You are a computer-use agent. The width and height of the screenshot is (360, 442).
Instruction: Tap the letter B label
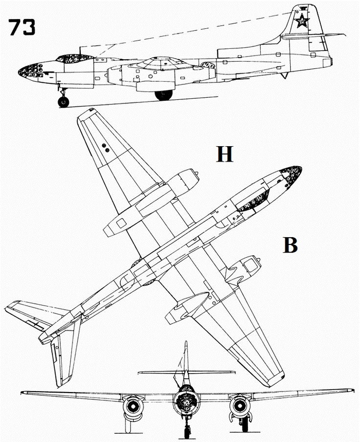pyautogui.click(x=291, y=246)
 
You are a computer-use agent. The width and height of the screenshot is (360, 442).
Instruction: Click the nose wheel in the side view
pyautogui.click(x=63, y=101)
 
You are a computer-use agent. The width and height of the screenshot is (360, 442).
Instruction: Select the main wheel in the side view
pyautogui.click(x=164, y=95)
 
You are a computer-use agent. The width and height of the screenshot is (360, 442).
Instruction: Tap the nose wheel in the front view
pyautogui.click(x=187, y=431)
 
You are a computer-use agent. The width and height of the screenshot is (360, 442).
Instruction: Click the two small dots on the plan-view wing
pyautogui.click(x=106, y=148)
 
